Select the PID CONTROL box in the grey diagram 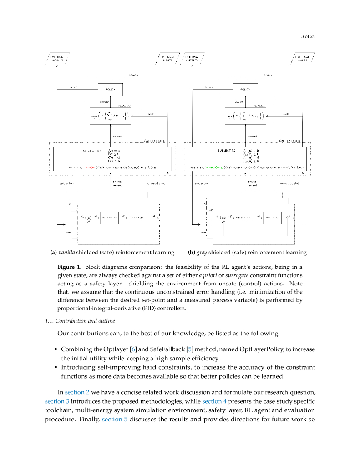tap(244, 218)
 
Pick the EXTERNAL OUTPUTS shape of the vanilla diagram tap(57, 59)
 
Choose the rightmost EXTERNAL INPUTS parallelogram tap(302, 59)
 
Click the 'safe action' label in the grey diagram tap(201, 183)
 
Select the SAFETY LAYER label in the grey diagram tap(289, 141)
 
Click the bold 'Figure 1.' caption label tap(69, 267)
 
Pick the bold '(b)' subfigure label tap(192, 252)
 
